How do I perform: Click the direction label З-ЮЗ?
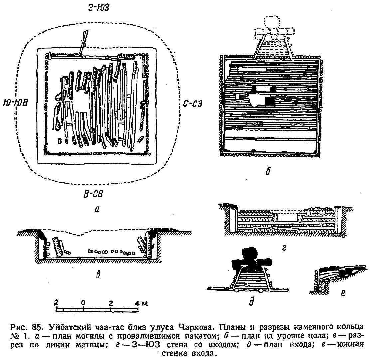[x=99, y=8]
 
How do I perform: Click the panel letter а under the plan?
[x=97, y=210]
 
